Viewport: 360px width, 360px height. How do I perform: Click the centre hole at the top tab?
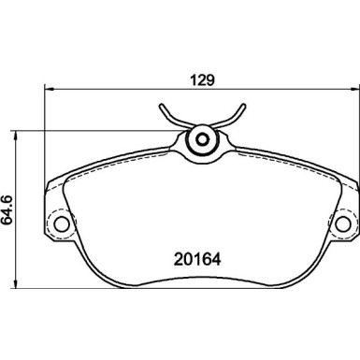coord(201,141)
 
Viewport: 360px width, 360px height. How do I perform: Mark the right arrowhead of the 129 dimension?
coord(353,89)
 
